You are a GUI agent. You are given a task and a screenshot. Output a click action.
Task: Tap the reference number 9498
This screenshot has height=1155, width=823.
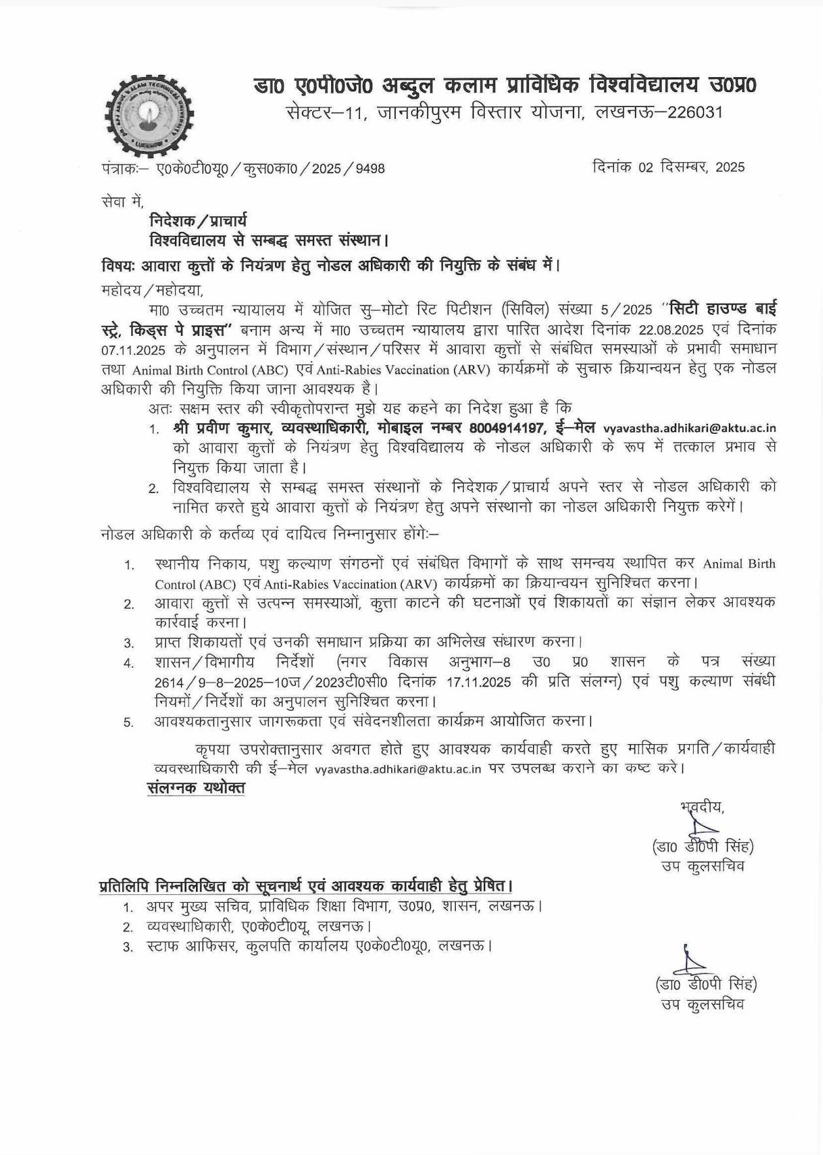point(370,169)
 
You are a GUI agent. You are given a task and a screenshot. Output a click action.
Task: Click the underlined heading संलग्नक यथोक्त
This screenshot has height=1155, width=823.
point(196,788)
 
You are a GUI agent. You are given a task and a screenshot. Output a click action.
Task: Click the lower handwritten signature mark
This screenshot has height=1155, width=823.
point(691,960)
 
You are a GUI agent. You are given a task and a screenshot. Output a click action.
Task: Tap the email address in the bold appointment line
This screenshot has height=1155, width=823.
point(689,429)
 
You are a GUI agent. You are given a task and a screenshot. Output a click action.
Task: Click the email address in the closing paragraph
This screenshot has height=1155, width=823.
point(398,769)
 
